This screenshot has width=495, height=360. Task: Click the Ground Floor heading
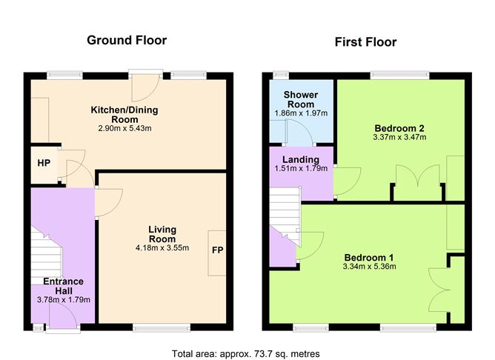[127, 40]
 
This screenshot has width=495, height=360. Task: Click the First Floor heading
[365, 42]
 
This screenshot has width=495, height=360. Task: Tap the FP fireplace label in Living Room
[218, 250]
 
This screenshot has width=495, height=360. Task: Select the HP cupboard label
[44, 163]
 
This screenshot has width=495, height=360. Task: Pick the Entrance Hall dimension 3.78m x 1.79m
[62, 300]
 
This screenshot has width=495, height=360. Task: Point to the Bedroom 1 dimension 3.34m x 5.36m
[368, 267]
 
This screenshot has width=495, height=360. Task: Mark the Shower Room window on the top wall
[280, 75]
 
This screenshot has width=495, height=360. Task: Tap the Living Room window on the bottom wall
[161, 327]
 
